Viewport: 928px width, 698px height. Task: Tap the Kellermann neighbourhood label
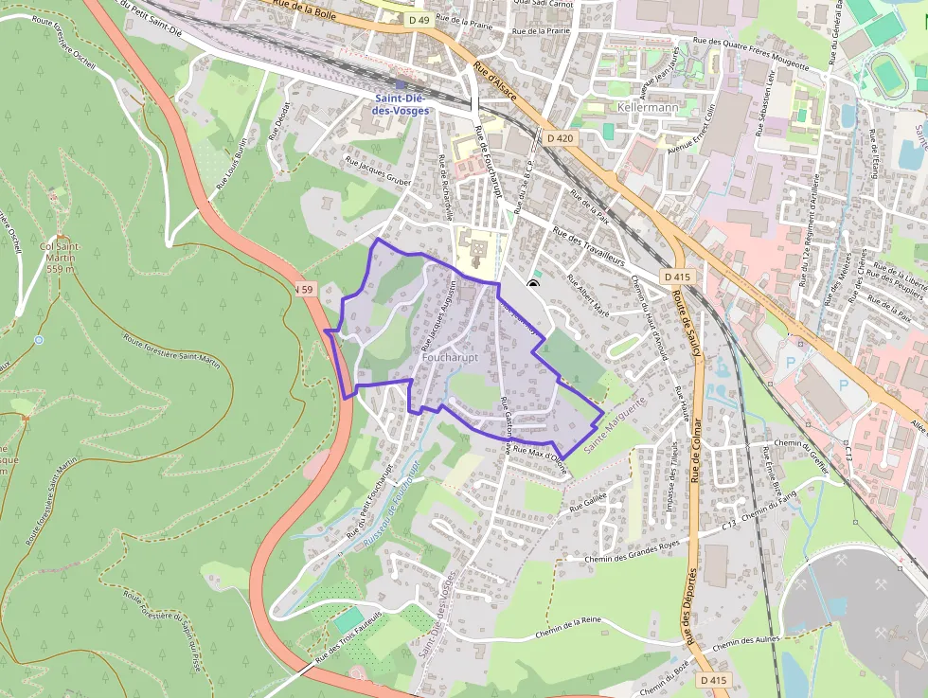[x=648, y=108]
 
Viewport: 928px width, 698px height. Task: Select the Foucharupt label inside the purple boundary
[x=450, y=360]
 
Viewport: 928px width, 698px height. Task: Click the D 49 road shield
[x=420, y=19]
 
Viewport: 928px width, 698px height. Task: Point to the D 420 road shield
[x=560, y=138]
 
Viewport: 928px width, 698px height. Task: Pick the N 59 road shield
[x=303, y=289]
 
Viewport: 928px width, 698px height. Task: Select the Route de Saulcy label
[x=685, y=322]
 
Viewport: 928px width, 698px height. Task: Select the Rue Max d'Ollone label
[x=540, y=457]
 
